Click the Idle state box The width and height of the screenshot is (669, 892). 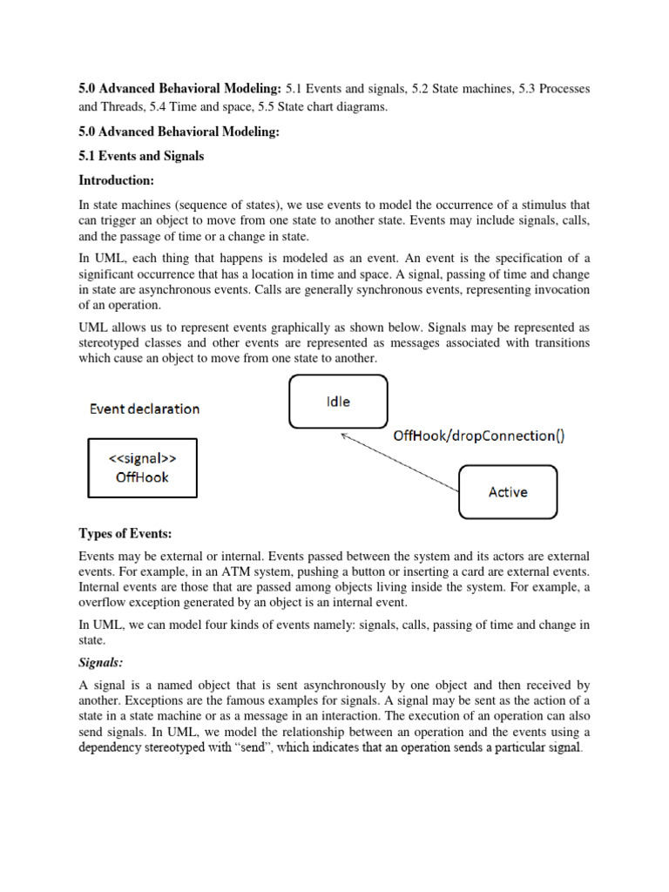click(338, 402)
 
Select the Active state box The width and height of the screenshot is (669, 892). click(508, 492)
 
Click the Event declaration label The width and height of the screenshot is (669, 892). click(145, 409)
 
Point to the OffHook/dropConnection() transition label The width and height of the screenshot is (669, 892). click(479, 436)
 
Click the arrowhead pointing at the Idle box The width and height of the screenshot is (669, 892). click(345, 436)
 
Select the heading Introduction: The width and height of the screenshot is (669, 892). click(117, 180)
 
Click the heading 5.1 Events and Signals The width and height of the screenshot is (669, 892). click(141, 156)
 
